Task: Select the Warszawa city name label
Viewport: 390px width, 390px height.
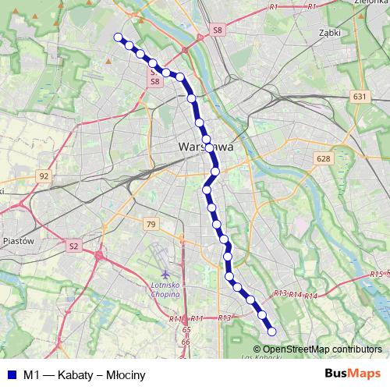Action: click(206, 146)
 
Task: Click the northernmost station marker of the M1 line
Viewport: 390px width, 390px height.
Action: click(119, 37)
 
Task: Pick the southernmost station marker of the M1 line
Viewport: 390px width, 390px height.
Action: click(271, 333)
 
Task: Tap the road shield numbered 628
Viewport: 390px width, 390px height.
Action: click(324, 158)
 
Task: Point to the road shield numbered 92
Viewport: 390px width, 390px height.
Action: click(44, 176)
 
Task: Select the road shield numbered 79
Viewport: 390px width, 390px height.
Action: click(151, 225)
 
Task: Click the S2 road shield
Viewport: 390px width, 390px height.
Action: click(74, 246)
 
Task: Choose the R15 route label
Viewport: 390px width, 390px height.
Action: click(377, 275)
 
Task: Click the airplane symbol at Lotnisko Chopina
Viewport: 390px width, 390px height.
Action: click(165, 275)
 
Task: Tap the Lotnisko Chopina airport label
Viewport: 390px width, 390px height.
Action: click(165, 290)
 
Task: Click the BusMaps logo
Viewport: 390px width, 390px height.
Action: click(352, 374)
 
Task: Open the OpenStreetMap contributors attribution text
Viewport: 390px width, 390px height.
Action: click(322, 349)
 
